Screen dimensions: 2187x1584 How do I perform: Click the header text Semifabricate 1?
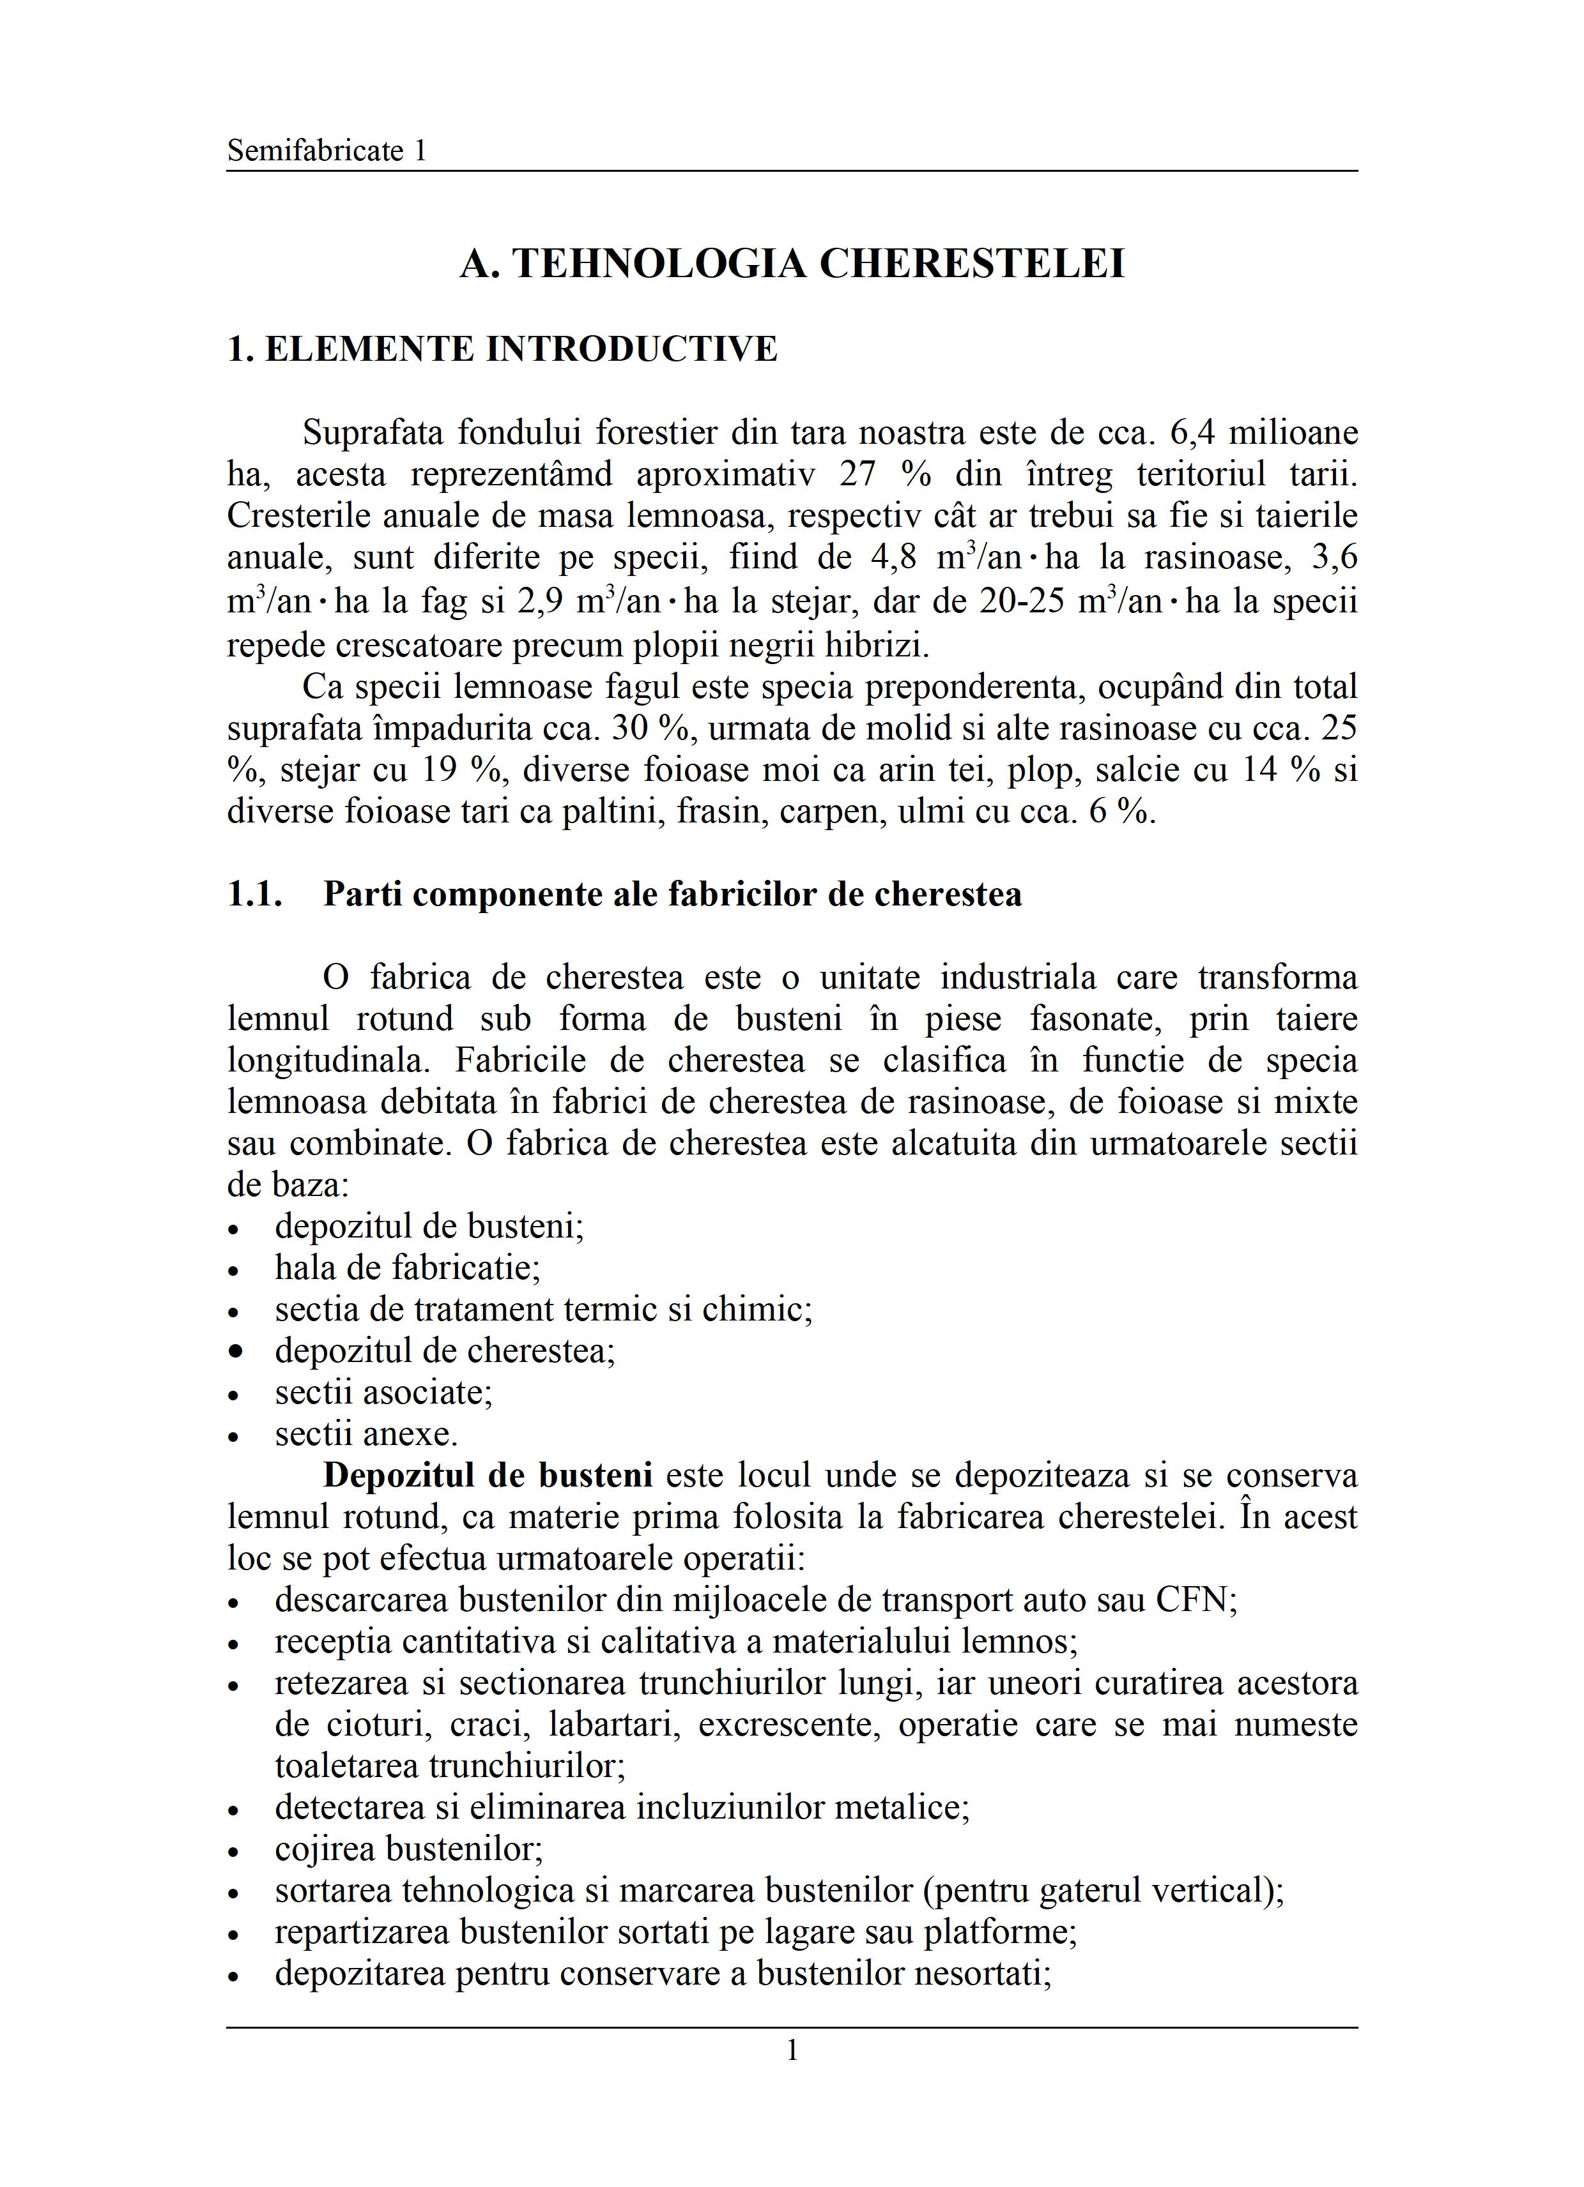(326, 151)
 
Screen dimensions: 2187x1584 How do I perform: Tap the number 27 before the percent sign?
(859, 474)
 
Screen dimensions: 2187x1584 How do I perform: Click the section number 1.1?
(255, 894)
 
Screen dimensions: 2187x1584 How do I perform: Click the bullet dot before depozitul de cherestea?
(235, 1352)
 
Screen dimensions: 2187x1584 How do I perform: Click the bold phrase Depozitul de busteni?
(488, 1476)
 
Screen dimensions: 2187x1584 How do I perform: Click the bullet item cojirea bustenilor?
(409, 1849)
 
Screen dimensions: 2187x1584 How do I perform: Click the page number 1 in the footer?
(792, 2050)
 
